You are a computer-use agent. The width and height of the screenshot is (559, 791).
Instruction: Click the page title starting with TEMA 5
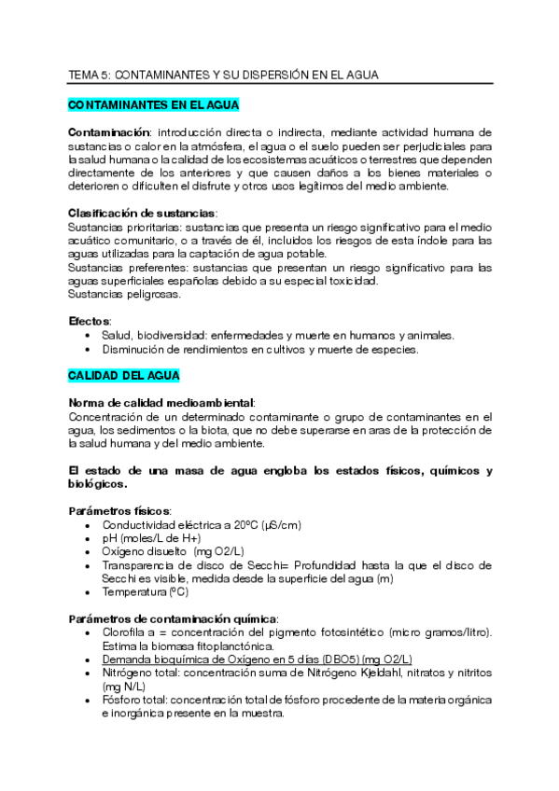tap(223, 74)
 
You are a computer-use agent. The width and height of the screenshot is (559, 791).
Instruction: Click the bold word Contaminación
tap(107, 133)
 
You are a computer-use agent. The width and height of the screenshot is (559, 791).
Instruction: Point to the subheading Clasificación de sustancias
tap(142, 213)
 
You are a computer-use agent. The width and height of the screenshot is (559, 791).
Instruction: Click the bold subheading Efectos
tap(90, 321)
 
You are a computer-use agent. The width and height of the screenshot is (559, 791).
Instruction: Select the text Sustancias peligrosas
tap(124, 294)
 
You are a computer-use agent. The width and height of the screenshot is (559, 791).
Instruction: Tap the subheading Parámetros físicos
tap(119, 510)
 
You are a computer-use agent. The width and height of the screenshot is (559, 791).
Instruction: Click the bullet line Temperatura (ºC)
tap(145, 592)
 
